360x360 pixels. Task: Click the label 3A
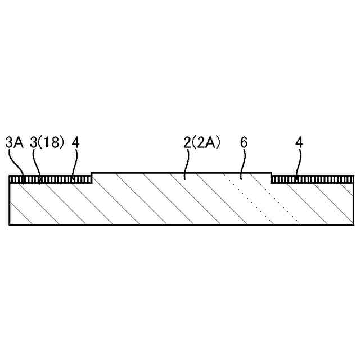[x=14, y=142]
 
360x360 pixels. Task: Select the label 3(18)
[x=47, y=142]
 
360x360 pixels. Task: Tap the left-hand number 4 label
[x=75, y=142]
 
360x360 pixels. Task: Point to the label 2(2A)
[x=202, y=142]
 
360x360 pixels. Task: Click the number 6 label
[x=244, y=142]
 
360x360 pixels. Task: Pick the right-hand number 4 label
[x=299, y=142]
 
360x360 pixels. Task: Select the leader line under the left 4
[x=75, y=164]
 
